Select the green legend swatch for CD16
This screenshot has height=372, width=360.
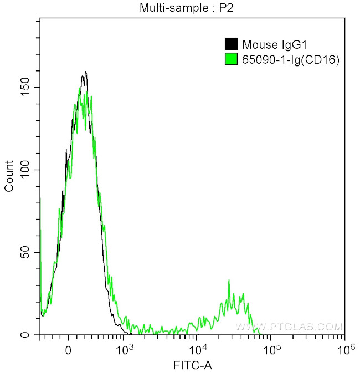(230, 58)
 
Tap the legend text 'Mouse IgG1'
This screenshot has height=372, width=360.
(268, 45)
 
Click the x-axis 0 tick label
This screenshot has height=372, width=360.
(68, 351)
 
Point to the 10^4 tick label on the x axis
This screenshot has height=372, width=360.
(198, 350)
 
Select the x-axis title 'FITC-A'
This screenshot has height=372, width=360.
(192, 365)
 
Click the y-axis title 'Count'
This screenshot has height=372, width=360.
(9, 176)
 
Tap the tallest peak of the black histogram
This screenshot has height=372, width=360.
(85, 72)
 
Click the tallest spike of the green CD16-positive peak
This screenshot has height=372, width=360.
(229, 281)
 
